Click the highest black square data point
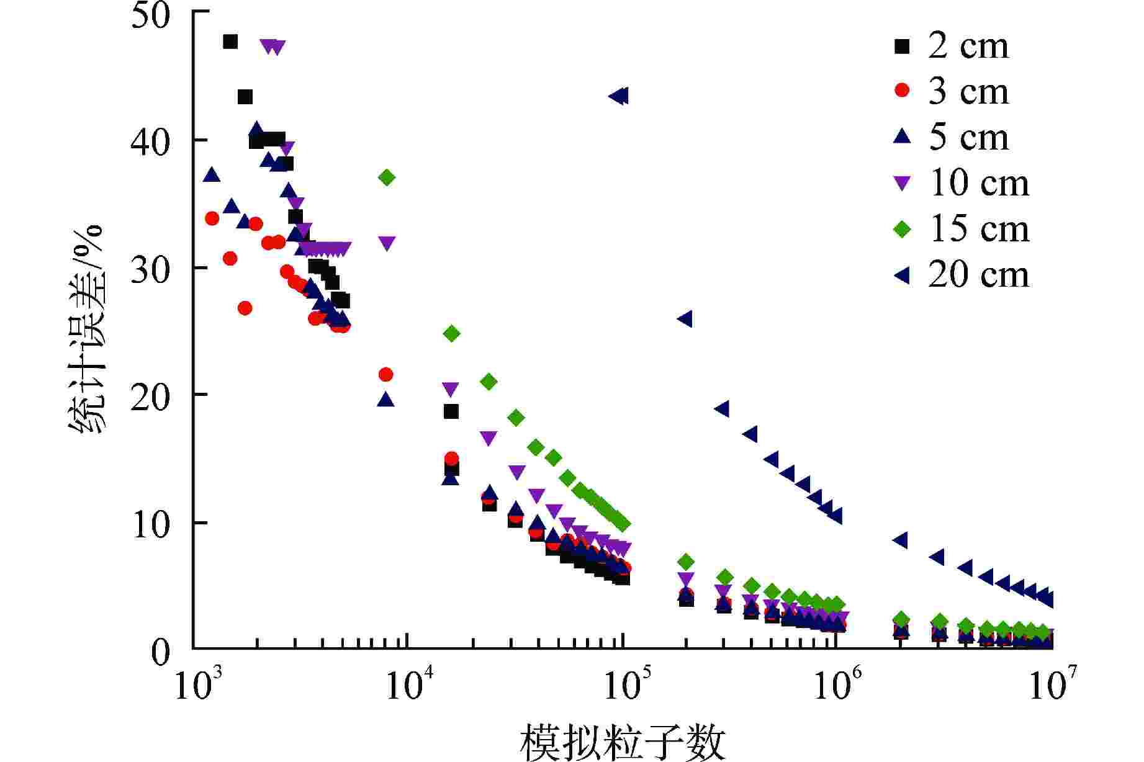click(x=230, y=42)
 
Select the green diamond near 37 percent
click(x=387, y=177)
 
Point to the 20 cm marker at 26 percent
click(x=685, y=319)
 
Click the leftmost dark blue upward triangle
click(x=212, y=175)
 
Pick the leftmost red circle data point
click(x=212, y=218)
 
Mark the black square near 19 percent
click(x=451, y=411)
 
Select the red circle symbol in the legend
click(x=902, y=91)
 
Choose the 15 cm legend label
click(x=979, y=229)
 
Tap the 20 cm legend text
click(x=979, y=275)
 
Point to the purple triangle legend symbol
click(x=902, y=183)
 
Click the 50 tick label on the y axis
click(x=150, y=16)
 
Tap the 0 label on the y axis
click(x=160, y=652)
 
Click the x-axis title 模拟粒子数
click(x=623, y=742)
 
